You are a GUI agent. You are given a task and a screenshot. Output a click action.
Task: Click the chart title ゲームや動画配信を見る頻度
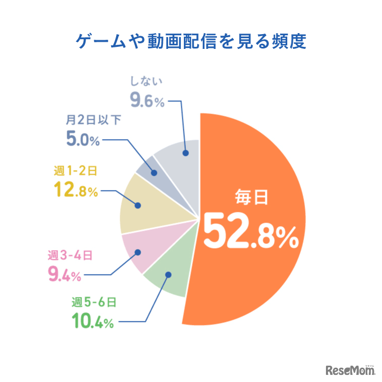click(190, 41)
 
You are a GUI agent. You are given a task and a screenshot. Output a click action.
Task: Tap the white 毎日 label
click(251, 197)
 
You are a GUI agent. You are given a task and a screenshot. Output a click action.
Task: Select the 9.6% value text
click(147, 100)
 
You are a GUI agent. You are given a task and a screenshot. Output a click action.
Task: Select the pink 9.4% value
click(64, 275)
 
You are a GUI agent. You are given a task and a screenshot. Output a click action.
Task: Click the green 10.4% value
click(91, 322)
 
